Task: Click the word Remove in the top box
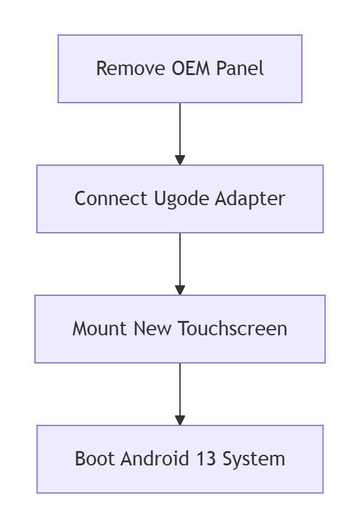131,68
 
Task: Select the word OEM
191,68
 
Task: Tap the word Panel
240,68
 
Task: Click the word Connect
111,198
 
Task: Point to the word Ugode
181,199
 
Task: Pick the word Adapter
251,199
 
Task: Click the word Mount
100,328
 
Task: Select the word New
152,328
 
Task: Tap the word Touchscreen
232,328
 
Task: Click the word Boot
94,459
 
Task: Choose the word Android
155,459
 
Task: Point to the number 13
206,459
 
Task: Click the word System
254,459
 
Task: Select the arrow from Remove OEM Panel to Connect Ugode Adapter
180,134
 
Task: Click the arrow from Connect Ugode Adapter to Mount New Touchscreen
180,264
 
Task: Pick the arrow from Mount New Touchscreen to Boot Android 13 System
180,394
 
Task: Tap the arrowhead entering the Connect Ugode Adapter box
180,160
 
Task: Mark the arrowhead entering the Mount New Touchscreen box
180,290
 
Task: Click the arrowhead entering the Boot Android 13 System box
180,420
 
